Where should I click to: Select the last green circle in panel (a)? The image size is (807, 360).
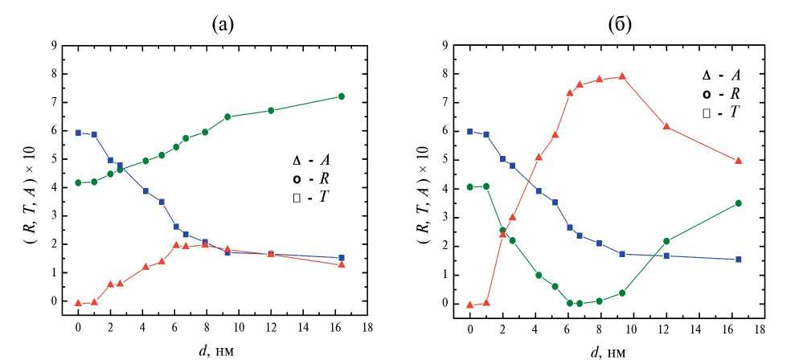coord(342,96)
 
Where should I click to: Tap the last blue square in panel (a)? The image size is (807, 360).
coord(342,258)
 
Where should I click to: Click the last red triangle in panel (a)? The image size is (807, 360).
coord(342,264)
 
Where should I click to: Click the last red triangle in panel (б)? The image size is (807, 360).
coord(738,161)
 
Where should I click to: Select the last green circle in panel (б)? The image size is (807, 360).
coord(738,203)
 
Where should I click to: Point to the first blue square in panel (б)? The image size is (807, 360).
coord(470,132)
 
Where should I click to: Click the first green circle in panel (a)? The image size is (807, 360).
coord(78,182)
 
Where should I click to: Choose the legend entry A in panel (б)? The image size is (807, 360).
coord(719,75)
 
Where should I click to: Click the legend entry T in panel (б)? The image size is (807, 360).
coord(719,113)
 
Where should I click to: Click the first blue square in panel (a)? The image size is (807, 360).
coord(78,133)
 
